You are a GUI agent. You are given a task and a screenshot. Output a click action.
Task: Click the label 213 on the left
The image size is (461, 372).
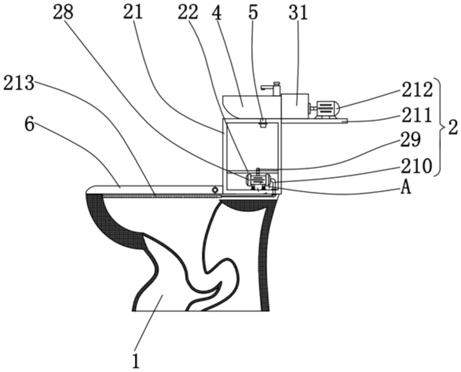coord(19,83)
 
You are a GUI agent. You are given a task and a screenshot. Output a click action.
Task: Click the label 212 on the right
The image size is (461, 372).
coord(417,90)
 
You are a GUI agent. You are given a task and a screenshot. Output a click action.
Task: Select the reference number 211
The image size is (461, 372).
coord(416,115)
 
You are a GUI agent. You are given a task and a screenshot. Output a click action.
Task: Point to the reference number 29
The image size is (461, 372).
coord(410,140)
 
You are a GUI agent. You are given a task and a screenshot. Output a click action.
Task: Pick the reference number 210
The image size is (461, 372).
coord(416,166)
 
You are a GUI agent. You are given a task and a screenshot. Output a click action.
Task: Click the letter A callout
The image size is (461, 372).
coord(406,188)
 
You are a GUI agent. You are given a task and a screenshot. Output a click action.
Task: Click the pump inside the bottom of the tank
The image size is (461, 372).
coord(257,181)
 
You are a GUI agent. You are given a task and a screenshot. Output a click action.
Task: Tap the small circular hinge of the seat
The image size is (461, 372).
coord(215,190)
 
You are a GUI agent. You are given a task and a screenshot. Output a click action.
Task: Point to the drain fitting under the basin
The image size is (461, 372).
coord(263,123)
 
